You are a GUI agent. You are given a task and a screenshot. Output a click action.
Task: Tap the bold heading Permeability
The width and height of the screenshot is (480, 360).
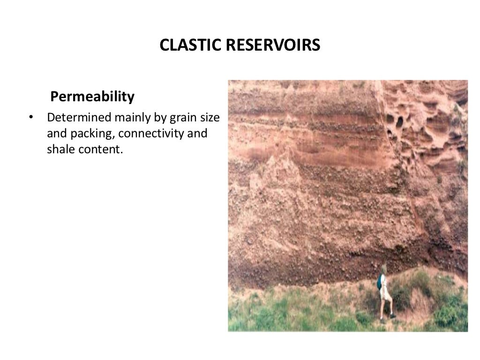point(92,97)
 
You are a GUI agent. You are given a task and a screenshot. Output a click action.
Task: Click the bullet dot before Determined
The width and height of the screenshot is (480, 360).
point(31,117)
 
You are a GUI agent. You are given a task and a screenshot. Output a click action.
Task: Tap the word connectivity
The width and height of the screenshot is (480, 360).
point(151,134)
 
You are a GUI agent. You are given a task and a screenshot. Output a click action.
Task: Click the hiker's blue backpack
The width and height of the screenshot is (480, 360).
point(379,283)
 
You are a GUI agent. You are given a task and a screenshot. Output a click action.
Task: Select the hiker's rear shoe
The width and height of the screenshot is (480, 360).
point(382,321)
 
